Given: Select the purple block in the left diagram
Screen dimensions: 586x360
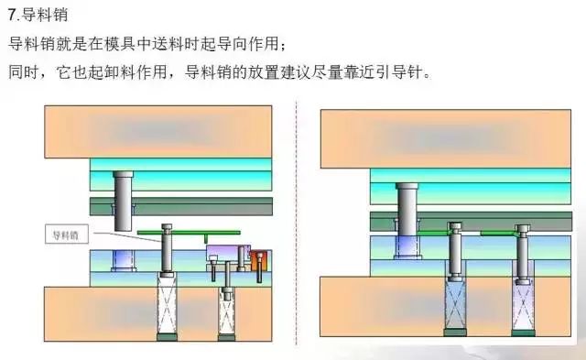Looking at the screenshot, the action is click(222, 254).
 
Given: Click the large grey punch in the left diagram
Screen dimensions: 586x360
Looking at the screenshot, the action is click(123, 200).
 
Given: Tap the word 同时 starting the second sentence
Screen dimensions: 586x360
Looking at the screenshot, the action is click(22, 71).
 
